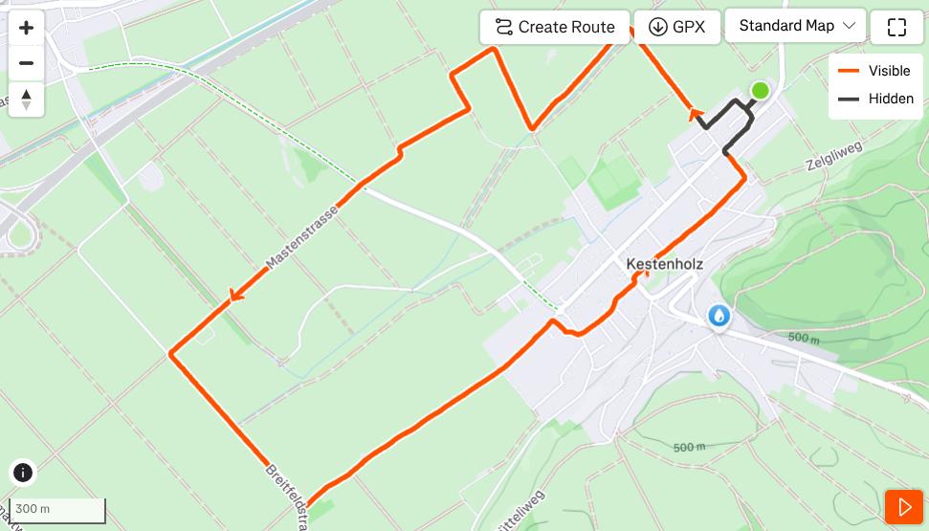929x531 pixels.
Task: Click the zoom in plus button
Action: point(26,28)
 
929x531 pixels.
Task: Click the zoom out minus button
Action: point(26,63)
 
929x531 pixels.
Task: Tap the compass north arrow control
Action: point(26,99)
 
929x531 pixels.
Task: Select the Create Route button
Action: point(555,27)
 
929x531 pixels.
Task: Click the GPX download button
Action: point(676,27)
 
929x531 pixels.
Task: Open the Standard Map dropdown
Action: point(796,26)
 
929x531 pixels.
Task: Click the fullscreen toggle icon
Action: point(896,27)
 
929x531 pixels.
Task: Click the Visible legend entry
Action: point(875,71)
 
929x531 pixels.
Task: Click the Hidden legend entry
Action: point(875,99)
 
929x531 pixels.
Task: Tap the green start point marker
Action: point(760,91)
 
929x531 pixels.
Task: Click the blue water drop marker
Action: point(719,316)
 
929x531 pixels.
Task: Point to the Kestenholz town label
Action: point(665,264)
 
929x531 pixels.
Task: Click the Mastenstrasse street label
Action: point(302,235)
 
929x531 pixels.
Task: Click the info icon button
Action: point(23,472)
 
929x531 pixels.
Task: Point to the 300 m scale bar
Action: point(57,510)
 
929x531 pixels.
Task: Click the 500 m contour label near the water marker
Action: point(804,338)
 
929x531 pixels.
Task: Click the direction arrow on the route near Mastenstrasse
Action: point(232,297)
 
